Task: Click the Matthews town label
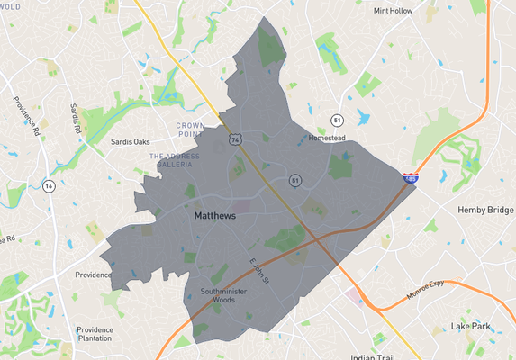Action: (214, 217)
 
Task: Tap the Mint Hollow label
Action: (394, 12)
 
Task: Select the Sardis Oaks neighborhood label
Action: (130, 141)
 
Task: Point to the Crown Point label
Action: (190, 130)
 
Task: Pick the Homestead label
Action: (327, 138)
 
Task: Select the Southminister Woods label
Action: (216, 296)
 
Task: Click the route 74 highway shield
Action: (235, 139)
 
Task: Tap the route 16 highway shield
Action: (49, 185)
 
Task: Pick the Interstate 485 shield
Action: (410, 179)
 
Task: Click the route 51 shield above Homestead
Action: (336, 119)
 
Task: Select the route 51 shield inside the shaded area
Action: (294, 180)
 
